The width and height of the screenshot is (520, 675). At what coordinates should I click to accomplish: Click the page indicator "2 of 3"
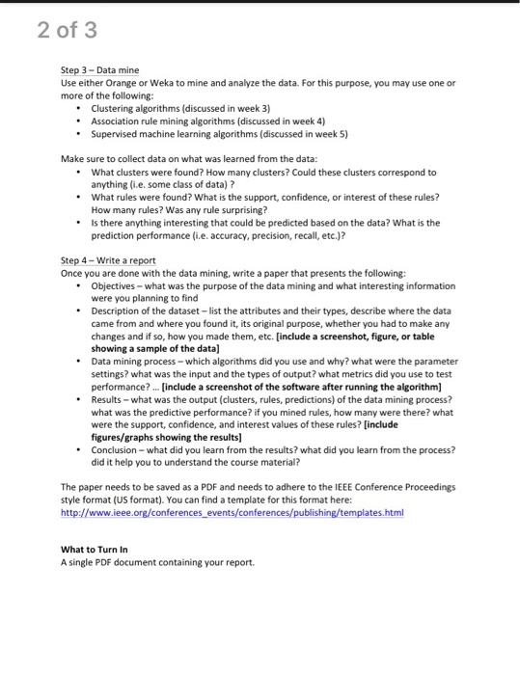tap(68, 31)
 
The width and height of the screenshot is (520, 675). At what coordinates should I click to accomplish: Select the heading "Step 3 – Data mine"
tap(100, 70)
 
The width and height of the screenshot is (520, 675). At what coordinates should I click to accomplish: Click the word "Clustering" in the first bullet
tap(116, 109)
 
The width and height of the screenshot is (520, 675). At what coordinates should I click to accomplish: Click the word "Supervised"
tap(117, 134)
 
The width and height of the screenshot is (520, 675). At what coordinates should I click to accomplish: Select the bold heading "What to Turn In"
tap(95, 550)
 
